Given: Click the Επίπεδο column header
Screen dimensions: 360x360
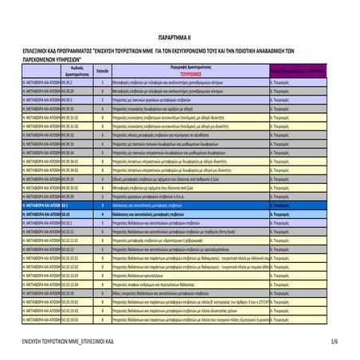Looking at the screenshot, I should click(103, 71).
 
